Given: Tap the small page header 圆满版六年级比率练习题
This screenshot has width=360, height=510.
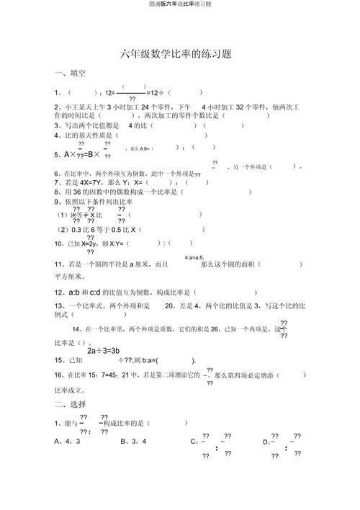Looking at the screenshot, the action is coord(179,4).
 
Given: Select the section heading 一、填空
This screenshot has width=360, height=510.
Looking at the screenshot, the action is coord(70,73).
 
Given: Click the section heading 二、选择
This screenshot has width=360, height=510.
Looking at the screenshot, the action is coord(70,403).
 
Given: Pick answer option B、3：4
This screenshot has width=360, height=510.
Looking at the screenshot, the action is coord(134,441).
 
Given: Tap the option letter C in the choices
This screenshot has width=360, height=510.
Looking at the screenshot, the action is coord(193,441).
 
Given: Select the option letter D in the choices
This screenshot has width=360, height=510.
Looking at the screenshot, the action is coord(265,441).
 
